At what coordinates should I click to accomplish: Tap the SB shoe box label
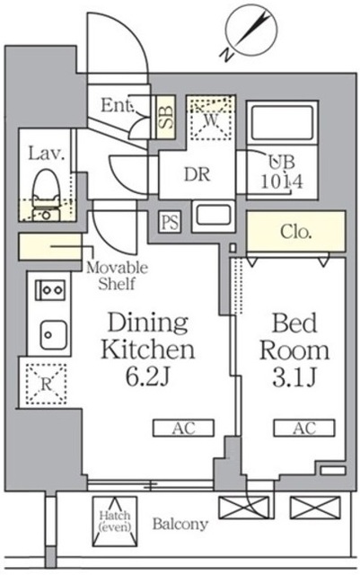pos(166,117)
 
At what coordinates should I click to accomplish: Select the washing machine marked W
pos(210,118)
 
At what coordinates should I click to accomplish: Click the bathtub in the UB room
pos(282,122)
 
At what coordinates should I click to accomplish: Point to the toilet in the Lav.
pos(47,194)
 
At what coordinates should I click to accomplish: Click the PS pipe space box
pos(170,222)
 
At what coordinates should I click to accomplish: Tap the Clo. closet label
pos(296,232)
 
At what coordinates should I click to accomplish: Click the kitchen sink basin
pos(53,335)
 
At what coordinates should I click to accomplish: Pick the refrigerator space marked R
pos(46,384)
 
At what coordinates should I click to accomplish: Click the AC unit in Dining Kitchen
pos(183,428)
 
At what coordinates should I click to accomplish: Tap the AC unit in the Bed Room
pos(304,428)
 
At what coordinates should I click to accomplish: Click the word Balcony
pos(180,524)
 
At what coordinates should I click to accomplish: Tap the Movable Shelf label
pos(118,276)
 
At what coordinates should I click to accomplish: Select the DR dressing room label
pos(198,174)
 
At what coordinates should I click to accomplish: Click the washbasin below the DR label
pos(213,217)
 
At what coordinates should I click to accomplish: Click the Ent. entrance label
pos(117,106)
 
